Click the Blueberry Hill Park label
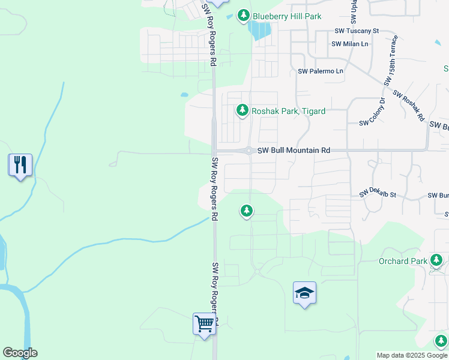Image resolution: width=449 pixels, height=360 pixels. click(287, 17)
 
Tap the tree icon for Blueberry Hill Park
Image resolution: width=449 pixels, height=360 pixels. click(243, 16)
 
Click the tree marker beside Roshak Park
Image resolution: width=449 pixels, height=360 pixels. click(242, 110)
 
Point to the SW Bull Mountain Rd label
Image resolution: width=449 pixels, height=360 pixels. click(294, 151)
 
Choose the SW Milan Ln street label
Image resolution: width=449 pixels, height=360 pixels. click(350, 44)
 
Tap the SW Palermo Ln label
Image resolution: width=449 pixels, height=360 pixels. click(321, 71)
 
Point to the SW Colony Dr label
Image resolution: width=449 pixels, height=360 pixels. click(372, 112)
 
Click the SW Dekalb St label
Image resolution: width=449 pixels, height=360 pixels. click(378, 194)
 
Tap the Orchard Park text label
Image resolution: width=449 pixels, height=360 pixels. click(402, 261)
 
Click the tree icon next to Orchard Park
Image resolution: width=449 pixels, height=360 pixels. click(437, 261)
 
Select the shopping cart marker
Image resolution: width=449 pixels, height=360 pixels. click(204, 325)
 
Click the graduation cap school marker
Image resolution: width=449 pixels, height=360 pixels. click(304, 293)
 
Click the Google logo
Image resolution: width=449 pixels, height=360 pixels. click(20, 353)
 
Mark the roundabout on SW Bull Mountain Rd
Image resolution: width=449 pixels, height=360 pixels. click(249, 151)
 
